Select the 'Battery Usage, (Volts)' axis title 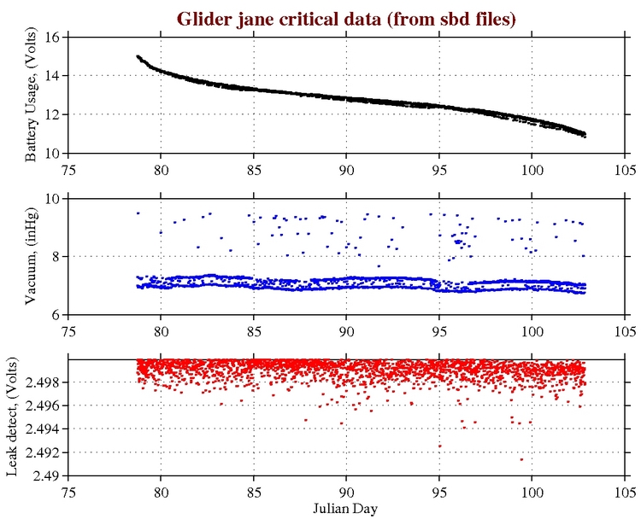(x=30, y=95)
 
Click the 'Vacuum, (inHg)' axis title (x=30, y=256)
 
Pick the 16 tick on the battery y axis (x=50, y=38)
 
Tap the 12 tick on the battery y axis (x=50, y=114)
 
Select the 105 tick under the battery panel (x=625, y=167)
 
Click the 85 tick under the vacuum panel (x=254, y=329)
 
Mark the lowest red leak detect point (x=521, y=459)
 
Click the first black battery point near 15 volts (x=138, y=56)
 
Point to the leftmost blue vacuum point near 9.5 (x=138, y=213)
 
